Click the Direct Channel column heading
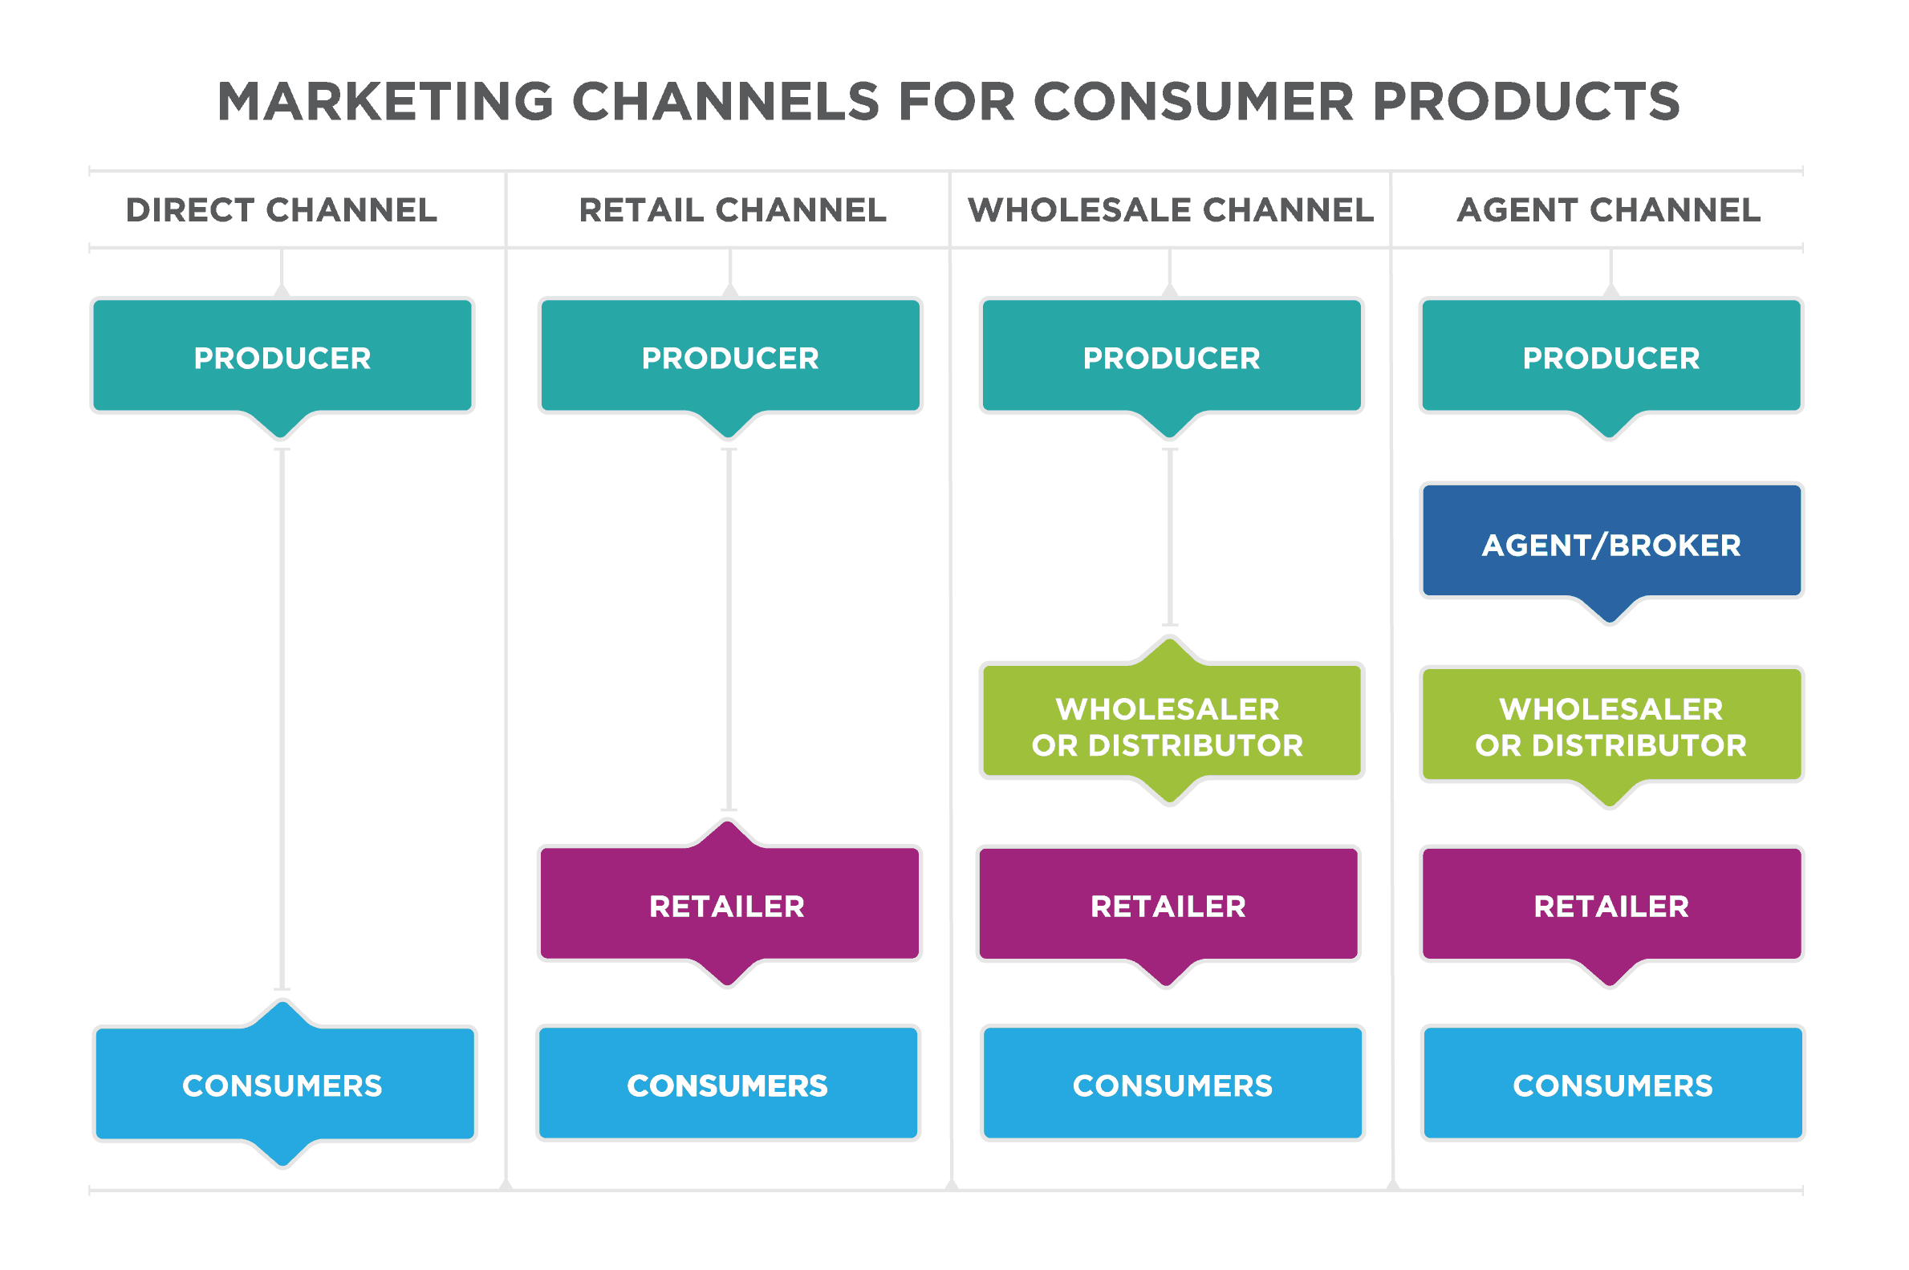[282, 209]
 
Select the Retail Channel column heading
[732, 209]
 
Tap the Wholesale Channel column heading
[1170, 209]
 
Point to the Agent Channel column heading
[1609, 209]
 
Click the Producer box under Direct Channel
[282, 357]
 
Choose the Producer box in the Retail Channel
[729, 357]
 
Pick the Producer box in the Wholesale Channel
[1171, 357]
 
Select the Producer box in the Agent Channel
[1611, 357]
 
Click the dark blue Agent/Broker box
[1611, 543]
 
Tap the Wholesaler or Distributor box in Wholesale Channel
[1171, 724]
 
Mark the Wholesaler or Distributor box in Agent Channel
[1611, 726]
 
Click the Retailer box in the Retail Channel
[729, 906]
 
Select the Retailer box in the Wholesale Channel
[1168, 906]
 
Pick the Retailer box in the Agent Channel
[1611, 906]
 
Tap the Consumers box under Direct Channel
[283, 1085]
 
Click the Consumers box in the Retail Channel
[727, 1085]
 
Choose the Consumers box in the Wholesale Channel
[1172, 1085]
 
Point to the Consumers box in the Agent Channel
[1613, 1085]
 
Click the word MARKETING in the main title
[385, 102]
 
